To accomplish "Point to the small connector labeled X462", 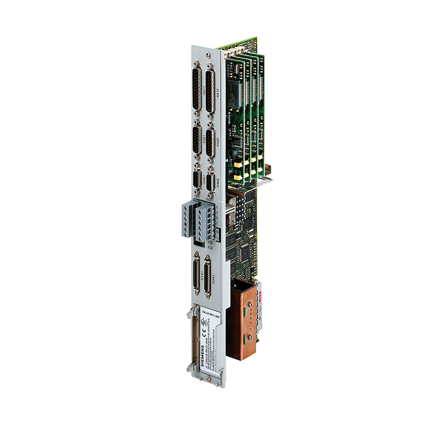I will click(211, 183).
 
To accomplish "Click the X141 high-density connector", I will click(196, 273).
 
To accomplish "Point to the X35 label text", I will click(210, 243).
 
